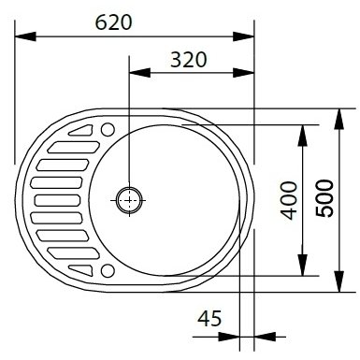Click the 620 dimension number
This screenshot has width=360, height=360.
tap(113, 22)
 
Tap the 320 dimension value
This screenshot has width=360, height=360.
tap(189, 60)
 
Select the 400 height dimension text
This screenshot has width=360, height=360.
tap(289, 201)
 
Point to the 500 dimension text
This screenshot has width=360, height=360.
tap(324, 198)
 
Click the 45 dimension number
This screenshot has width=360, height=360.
tap(209, 318)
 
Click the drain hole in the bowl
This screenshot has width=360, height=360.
tap(129, 200)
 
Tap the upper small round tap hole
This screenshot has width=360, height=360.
tap(108, 129)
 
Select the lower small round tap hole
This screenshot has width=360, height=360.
tap(108, 270)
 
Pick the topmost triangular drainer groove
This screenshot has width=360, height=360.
tap(82, 131)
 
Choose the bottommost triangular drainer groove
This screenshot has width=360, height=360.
tap(82, 270)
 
